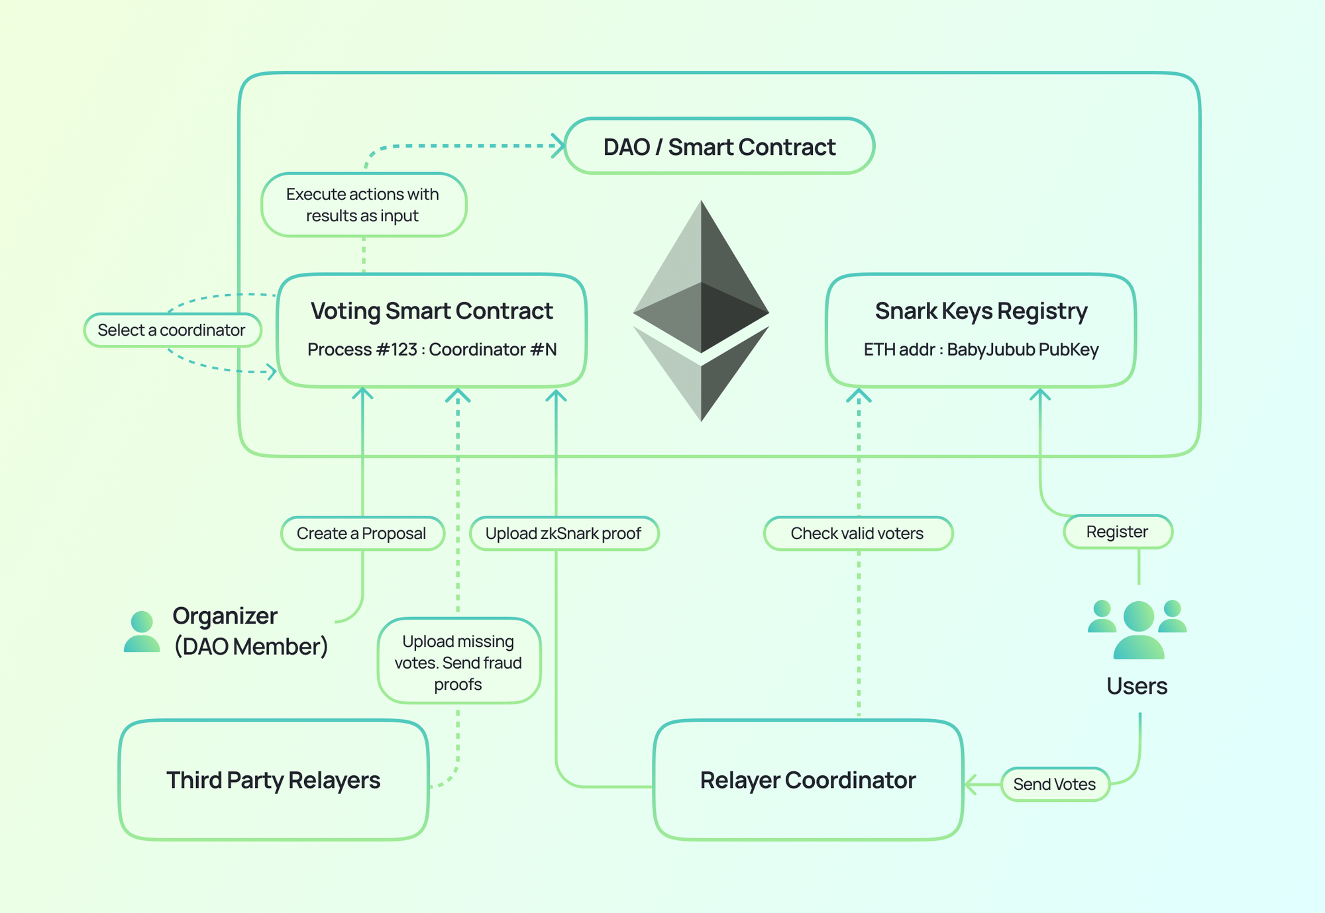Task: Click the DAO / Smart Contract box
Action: [x=719, y=146]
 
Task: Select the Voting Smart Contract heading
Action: [x=431, y=311]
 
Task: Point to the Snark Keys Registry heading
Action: [x=980, y=311]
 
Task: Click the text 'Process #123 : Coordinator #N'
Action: [x=431, y=350]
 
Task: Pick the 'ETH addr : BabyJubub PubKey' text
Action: [x=980, y=350]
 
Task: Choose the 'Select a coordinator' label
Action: [x=172, y=330]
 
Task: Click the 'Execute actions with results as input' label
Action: [x=363, y=205]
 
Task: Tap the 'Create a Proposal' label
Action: [x=362, y=533]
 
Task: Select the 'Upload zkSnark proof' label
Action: [x=564, y=533]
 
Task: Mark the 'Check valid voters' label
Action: [x=857, y=533]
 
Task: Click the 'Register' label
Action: [x=1117, y=532]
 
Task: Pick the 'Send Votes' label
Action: [x=1055, y=784]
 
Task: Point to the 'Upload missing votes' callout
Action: [x=458, y=661]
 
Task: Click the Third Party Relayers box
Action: [x=273, y=780]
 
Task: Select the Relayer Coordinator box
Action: [x=808, y=780]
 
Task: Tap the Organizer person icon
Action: [x=142, y=632]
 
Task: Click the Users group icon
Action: [x=1138, y=629]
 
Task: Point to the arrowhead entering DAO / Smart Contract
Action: [x=559, y=146]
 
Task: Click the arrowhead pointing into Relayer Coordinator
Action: [x=971, y=785]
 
